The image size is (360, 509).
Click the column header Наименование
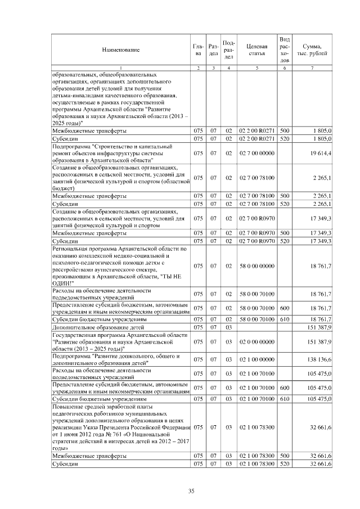pyautogui.click(x=120, y=50)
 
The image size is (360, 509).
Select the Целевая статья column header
pyautogui.click(x=256, y=50)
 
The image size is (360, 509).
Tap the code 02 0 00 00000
pyautogui.click(x=256, y=341)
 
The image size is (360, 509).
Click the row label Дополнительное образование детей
pyautogui.click(x=89, y=326)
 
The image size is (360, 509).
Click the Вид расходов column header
pyautogui.click(x=285, y=50)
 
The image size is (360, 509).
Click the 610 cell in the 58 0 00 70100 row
pyautogui.click(x=285, y=318)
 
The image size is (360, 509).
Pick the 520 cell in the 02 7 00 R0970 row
pyautogui.click(x=285, y=241)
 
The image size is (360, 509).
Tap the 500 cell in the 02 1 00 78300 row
pyautogui.click(x=285, y=456)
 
